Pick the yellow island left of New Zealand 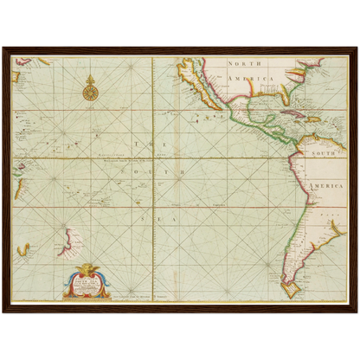[22, 250]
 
